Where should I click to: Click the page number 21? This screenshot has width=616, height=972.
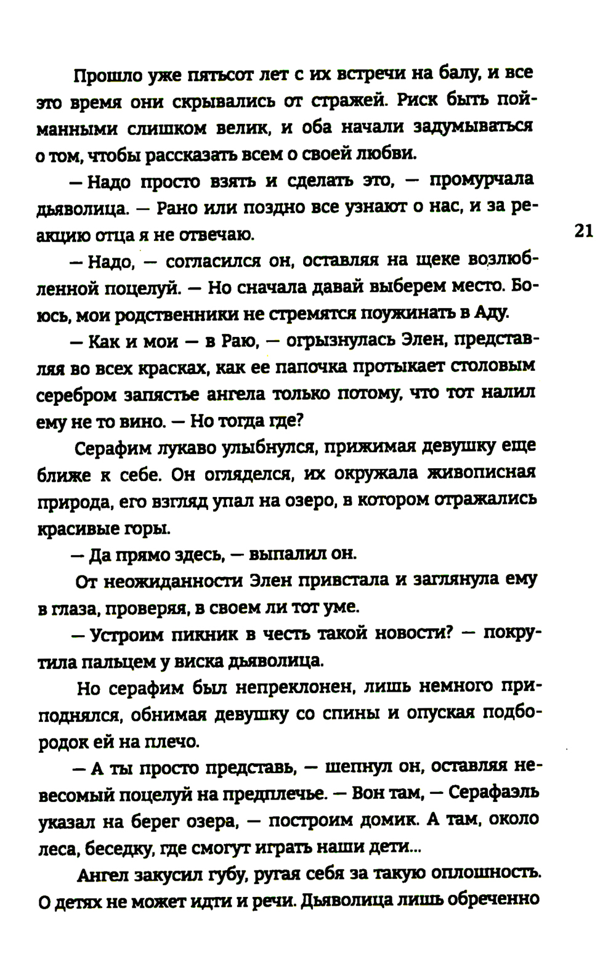[x=583, y=231]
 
